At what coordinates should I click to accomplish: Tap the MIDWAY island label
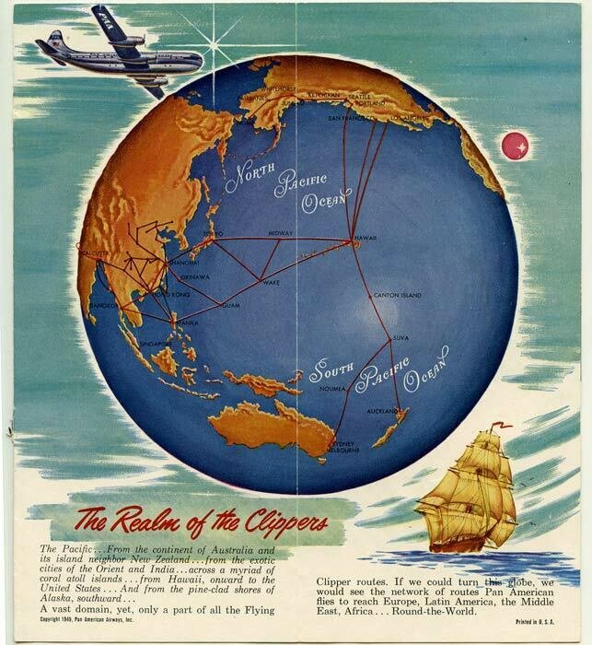point(280,234)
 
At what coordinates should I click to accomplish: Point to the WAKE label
point(271,283)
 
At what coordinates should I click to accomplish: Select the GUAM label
point(230,304)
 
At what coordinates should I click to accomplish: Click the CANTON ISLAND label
point(397,296)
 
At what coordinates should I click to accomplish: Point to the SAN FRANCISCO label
point(346,118)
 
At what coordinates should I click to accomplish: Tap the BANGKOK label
point(102,303)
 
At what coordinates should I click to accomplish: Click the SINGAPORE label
point(157,343)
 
